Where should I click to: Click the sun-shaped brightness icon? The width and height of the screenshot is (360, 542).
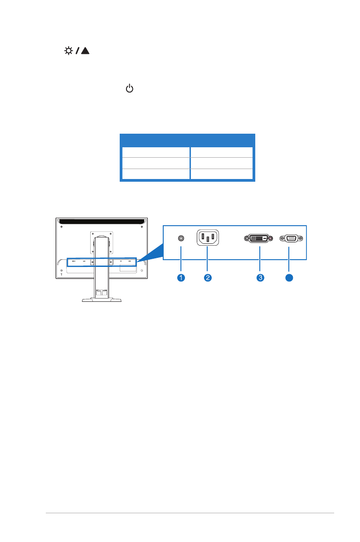point(68,51)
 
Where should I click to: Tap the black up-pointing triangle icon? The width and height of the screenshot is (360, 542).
point(86,51)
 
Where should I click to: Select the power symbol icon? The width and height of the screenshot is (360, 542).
point(130,89)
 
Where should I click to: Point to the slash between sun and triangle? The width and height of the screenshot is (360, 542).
point(77,51)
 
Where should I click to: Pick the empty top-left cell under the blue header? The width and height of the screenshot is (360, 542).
point(155,152)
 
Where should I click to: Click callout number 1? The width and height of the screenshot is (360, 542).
point(181,278)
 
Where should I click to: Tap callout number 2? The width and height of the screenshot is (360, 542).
point(207,278)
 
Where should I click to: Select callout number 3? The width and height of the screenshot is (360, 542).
point(260,278)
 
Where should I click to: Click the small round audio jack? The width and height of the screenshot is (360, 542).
point(181,238)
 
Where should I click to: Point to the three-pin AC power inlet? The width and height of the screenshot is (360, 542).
point(207,237)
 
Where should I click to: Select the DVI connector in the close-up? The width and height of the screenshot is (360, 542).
point(258,238)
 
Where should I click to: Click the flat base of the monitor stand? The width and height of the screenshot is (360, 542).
point(102,300)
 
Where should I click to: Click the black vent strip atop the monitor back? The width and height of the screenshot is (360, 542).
point(101,222)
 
